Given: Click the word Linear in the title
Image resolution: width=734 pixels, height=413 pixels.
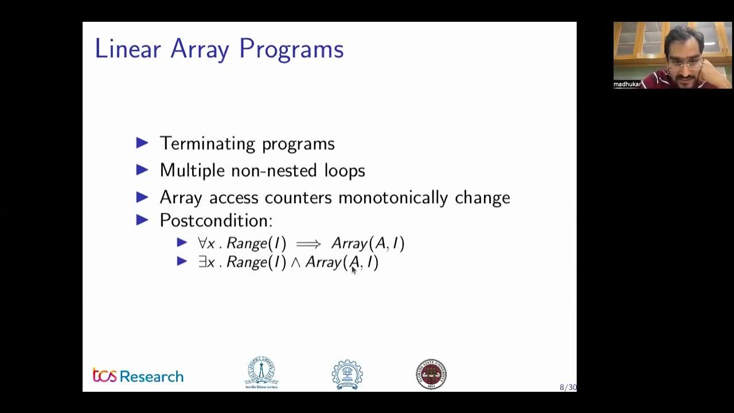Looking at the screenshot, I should tap(127, 49).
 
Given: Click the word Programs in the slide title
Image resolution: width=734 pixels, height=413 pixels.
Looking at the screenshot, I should tap(291, 50).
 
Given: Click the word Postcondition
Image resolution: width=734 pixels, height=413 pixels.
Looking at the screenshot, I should tap(216, 220).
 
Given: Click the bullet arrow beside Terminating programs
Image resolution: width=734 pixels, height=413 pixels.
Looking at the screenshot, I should tap(142, 143).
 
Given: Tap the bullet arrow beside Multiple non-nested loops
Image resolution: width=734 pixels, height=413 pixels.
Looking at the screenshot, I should tap(142, 170).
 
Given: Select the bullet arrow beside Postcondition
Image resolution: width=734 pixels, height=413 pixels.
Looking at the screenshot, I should tap(142, 220).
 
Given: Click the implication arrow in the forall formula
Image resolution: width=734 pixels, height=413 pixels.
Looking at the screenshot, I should tap(309, 244).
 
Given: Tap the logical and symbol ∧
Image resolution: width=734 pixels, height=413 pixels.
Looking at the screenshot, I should tap(296, 263).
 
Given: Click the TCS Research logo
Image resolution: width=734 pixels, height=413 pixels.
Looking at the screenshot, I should tap(138, 376).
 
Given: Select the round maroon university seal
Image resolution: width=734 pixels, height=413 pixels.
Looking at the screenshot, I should tap(431, 374).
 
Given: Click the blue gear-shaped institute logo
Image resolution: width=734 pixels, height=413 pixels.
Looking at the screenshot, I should tap(347, 374).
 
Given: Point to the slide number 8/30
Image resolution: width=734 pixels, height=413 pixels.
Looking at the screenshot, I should tap(568, 388).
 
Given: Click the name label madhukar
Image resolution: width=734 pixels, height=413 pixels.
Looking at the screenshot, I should tap(627, 84).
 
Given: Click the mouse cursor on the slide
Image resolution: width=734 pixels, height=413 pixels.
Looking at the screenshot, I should tap(353, 270).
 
